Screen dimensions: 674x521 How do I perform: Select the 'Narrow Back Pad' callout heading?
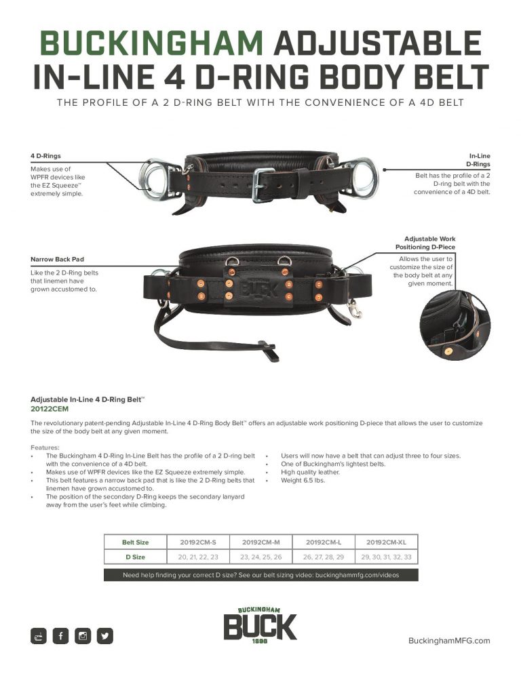coord(57,259)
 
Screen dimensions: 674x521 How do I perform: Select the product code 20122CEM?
coord(50,409)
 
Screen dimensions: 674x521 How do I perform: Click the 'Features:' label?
coord(45,447)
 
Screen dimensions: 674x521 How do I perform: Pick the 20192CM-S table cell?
coord(198,542)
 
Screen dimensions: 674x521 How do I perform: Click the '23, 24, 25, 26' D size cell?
coord(260,557)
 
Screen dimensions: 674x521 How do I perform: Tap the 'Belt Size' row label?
coord(135,542)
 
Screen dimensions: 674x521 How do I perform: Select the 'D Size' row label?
coord(135,557)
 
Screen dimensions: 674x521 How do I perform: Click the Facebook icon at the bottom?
coord(61,636)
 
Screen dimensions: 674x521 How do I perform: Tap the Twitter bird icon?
coord(104,636)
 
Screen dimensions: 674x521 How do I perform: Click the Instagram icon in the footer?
coord(83,636)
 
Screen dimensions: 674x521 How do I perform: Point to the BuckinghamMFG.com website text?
coord(448,641)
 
